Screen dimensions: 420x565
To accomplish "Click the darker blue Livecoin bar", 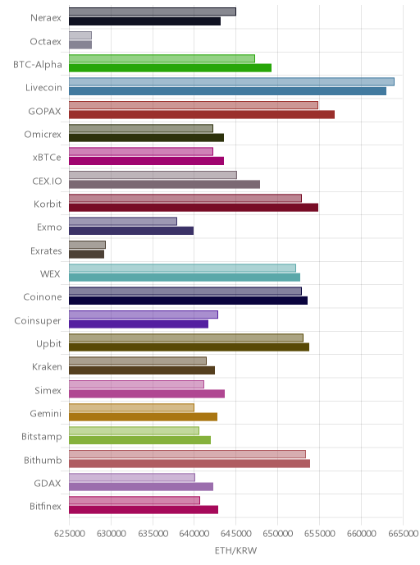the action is pos(227,91).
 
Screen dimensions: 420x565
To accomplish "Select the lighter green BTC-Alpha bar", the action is pos(162,58).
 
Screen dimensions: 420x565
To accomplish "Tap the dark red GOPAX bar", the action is pos(202,115).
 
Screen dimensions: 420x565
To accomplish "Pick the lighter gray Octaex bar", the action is pos(80,35).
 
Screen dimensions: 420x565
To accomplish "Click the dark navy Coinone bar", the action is pos(188,301).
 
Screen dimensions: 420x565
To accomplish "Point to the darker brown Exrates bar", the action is pos(86,254).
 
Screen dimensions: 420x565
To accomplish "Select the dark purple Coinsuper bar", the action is pos(139,324).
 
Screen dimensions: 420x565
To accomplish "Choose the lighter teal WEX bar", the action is pos(182,268).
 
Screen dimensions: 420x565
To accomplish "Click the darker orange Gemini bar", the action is pos(143,417).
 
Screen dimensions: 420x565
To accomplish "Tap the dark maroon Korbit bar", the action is pos(194,208).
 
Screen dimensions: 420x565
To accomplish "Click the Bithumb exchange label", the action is pos(43,460).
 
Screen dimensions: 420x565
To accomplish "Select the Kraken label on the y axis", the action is pos(47,367).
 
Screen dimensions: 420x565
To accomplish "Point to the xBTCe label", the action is pos(47,158).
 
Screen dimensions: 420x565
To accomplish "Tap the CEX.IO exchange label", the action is pos(47,181).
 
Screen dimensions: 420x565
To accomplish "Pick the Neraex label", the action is pos(46,18).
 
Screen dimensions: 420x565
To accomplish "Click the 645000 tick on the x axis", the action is pos(235,534).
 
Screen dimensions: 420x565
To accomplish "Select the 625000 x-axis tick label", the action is pos(70,534).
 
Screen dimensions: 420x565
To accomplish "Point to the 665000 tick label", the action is pos(403,534).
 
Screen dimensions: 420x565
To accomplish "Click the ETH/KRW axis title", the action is pos(235,550).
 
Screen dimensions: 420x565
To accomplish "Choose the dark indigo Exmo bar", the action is pos(131,231).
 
